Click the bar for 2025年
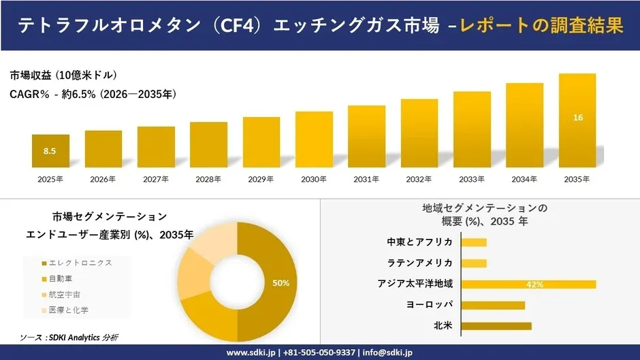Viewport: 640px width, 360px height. [x=50, y=151]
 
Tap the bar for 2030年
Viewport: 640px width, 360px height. [x=314, y=140]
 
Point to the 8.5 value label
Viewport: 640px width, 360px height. [x=50, y=151]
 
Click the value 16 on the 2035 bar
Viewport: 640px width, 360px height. [x=577, y=118]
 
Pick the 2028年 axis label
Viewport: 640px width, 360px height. [x=208, y=180]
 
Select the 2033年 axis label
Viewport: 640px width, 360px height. [x=472, y=180]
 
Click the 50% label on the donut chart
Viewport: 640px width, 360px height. [x=281, y=282]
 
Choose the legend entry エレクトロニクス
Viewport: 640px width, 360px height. [x=79, y=263]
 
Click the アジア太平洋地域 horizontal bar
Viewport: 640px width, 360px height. [x=528, y=284]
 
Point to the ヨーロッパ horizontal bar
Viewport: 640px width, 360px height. [x=493, y=306]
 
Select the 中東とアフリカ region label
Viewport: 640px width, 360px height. [x=420, y=242]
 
